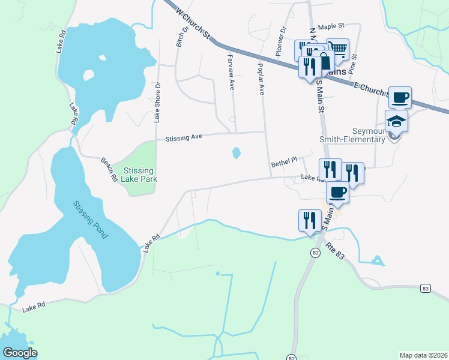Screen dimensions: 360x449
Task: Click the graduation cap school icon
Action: click(x=396, y=122)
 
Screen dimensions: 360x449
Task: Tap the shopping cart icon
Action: click(x=338, y=50)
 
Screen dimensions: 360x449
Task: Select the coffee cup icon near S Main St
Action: click(x=337, y=193)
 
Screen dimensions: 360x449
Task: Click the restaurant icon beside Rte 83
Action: click(x=309, y=220)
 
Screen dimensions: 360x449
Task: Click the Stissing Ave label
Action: click(x=184, y=137)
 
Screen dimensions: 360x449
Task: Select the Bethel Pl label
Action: click(x=284, y=161)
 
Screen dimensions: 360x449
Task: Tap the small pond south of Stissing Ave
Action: click(x=236, y=153)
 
